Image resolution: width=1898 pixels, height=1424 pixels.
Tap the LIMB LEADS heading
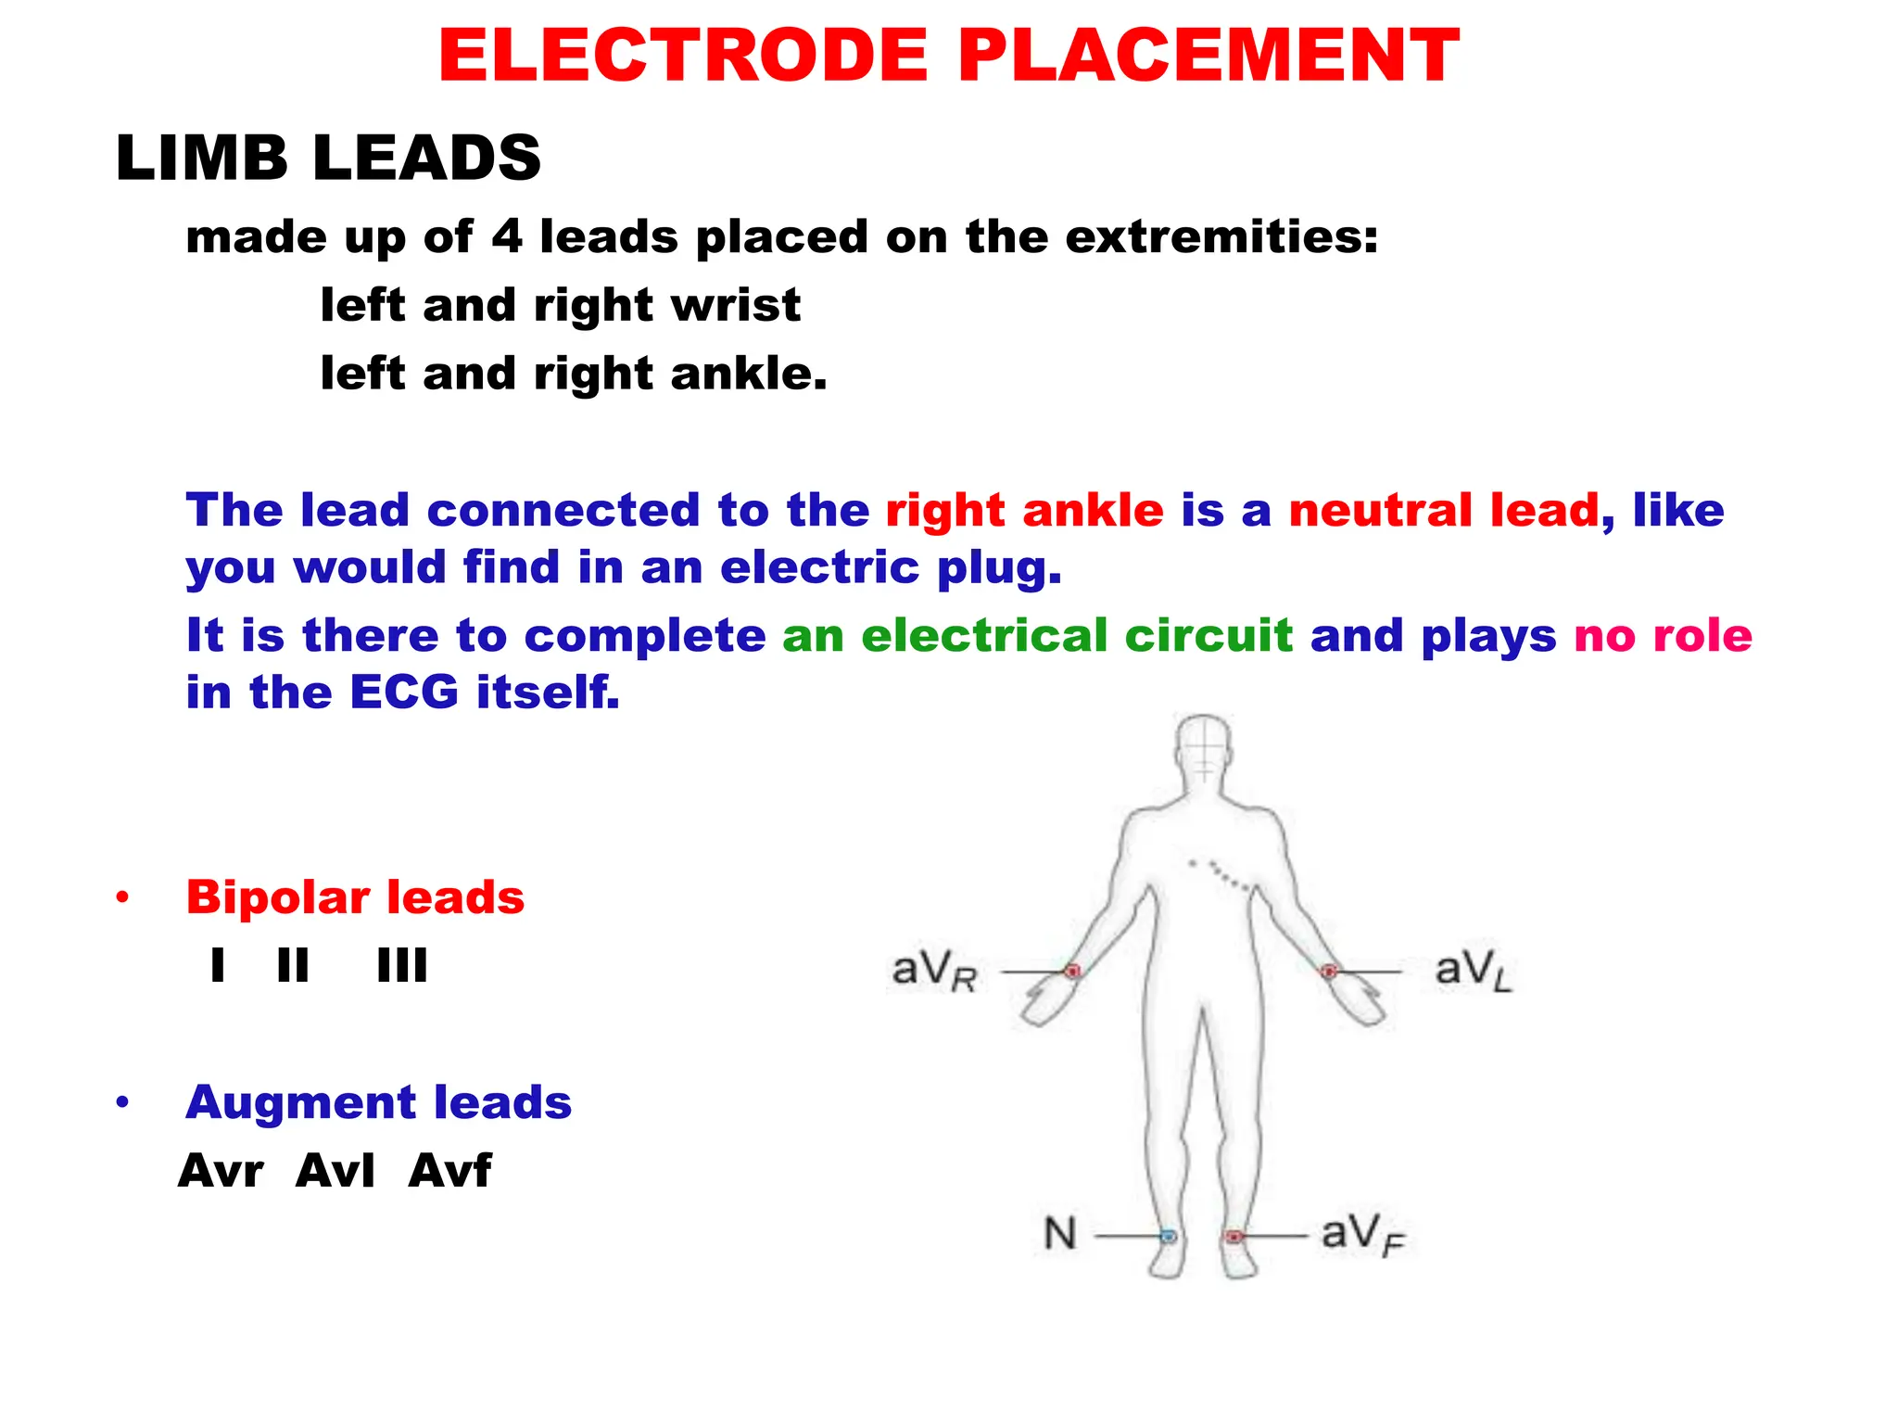328,158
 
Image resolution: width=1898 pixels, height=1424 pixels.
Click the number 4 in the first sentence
507,236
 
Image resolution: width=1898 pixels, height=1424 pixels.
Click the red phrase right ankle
1024,511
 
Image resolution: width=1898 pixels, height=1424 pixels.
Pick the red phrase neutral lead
1444,511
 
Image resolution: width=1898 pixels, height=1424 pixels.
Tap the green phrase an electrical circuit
1037,636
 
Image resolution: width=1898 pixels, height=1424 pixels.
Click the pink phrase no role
1663,636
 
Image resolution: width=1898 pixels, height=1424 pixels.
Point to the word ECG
404,693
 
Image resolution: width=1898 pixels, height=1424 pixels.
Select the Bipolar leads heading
355,897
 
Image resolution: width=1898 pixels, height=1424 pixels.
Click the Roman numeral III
402,966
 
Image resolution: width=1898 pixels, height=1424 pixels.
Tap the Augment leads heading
378,1102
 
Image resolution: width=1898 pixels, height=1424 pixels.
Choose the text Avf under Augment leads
449,1170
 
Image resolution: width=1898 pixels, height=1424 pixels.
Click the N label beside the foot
1060,1235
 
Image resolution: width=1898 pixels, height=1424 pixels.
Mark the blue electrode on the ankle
1169,1236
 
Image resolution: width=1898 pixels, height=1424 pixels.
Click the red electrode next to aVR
1072,972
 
